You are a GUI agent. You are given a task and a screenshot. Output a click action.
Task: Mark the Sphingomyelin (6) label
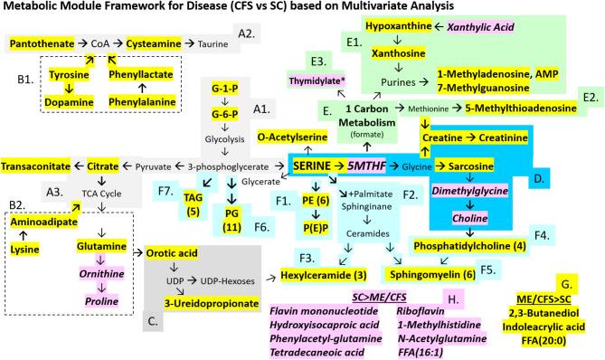tap(429, 271)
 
